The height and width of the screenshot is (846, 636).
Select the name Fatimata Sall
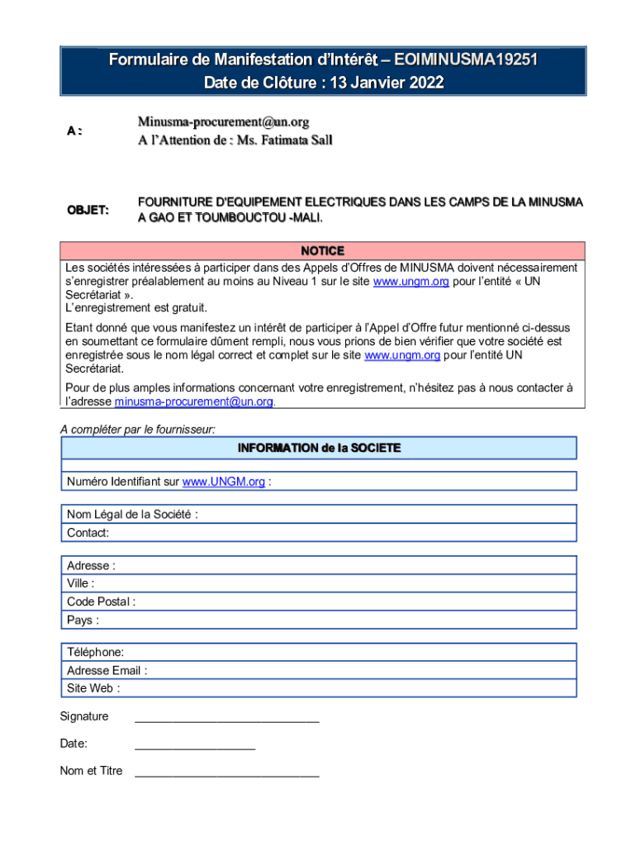point(295,140)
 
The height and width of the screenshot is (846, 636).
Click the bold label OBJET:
point(88,210)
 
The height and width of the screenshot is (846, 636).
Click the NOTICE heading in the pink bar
point(322,250)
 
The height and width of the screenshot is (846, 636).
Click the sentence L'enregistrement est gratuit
point(136,307)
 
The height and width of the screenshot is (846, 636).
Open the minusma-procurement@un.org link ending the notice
point(193,402)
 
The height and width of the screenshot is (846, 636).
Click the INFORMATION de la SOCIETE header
point(319,448)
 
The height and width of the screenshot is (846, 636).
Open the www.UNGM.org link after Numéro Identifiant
point(223,482)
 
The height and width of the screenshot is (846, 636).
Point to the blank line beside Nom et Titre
point(226,773)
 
